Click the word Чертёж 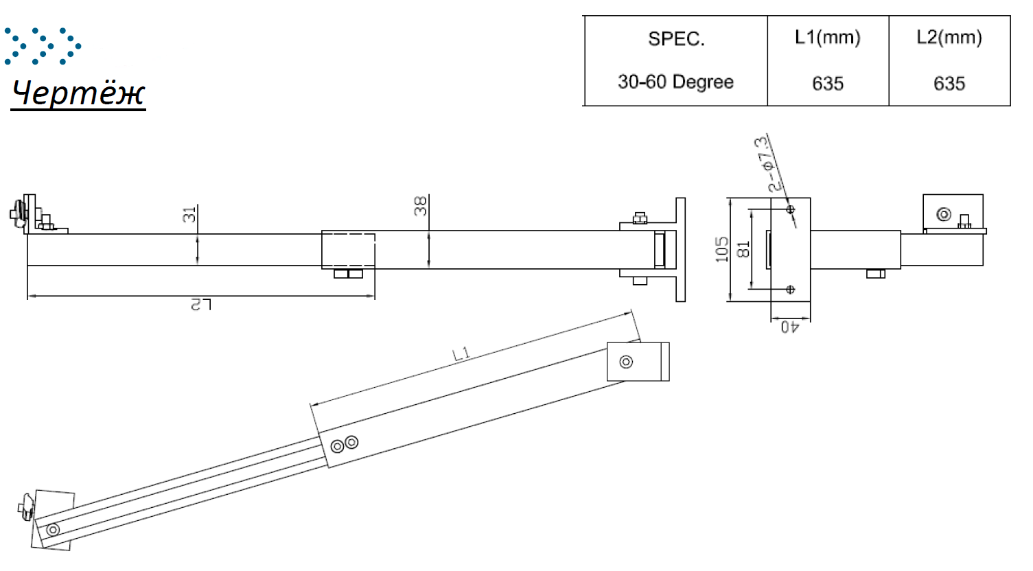(78, 93)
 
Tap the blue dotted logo (43, 46)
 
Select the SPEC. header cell (676, 39)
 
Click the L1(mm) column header (828, 37)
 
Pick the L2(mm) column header (949, 37)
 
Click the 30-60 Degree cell (675, 82)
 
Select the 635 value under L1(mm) (828, 84)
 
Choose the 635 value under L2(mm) (949, 84)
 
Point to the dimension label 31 (189, 215)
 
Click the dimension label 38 (421, 206)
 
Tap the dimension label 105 (722, 250)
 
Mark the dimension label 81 (743, 249)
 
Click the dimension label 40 (789, 327)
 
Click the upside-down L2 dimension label (201, 305)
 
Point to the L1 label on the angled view (461, 354)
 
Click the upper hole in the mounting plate (791, 210)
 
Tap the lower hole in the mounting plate (791, 290)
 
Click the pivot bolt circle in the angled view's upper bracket (626, 362)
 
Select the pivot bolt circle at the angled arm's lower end (53, 530)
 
